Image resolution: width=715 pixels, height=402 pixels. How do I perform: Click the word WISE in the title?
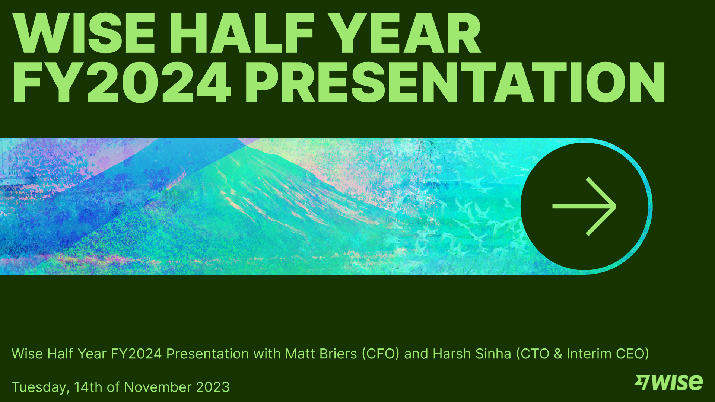pos(84,33)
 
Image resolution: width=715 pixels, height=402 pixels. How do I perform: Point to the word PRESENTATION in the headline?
pos(454,83)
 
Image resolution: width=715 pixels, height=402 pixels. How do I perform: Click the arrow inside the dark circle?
pos(584,206)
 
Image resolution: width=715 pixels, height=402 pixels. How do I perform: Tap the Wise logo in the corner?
pos(669,383)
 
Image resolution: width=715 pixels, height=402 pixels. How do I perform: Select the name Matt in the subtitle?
pos(300,354)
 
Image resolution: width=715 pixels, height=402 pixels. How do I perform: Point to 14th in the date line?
pos(88,387)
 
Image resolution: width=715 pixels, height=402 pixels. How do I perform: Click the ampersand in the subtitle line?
pos(558,354)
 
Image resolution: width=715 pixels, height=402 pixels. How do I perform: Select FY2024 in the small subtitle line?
pos(136,354)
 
